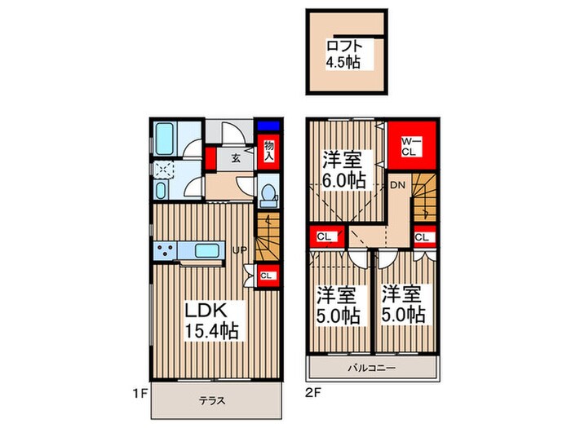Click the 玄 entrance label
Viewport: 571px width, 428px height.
pyautogui.click(x=235, y=158)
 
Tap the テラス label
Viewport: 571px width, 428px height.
pyautogui.click(x=210, y=400)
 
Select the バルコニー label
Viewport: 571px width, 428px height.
pyautogui.click(x=375, y=368)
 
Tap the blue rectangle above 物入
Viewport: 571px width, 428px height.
pyautogui.click(x=268, y=126)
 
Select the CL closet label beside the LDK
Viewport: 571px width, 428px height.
pyautogui.click(x=267, y=276)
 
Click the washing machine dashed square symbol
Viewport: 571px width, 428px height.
pyautogui.click(x=164, y=169)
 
